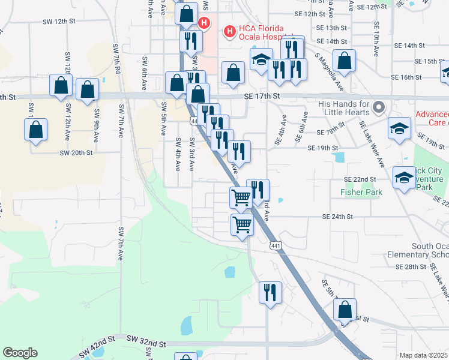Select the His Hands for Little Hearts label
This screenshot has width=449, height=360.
pyautogui.click(x=342, y=108)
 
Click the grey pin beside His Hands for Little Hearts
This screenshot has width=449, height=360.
pyautogui.click(x=378, y=107)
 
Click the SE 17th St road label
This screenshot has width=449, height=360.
pyautogui.click(x=262, y=96)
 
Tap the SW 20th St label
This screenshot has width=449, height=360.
pyautogui.click(x=76, y=153)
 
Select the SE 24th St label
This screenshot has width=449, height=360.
pyautogui.click(x=338, y=217)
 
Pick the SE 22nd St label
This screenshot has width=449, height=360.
pyautogui.click(x=360, y=179)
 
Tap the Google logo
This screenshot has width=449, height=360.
pyautogui.click(x=20, y=353)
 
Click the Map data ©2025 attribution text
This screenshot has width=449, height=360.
pyautogui.click(x=424, y=355)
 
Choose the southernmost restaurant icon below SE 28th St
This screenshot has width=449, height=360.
pyautogui.click(x=270, y=293)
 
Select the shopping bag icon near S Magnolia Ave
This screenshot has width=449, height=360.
pyautogui.click(x=345, y=61)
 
